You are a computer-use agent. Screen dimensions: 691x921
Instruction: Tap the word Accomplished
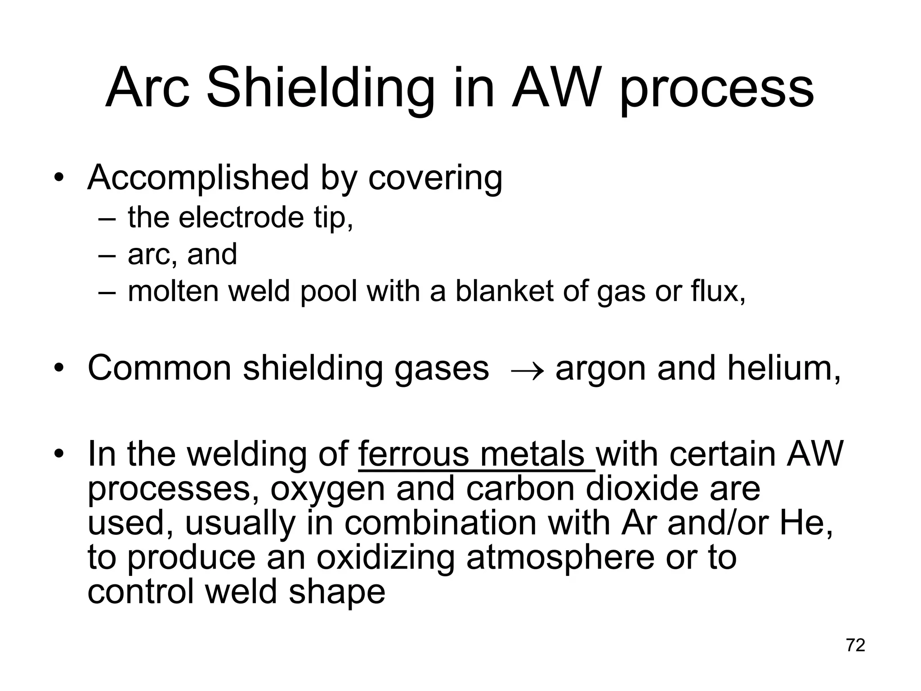click(198, 179)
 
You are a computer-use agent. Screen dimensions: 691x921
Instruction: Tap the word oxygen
click(327, 490)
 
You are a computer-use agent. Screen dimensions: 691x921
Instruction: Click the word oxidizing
click(385, 558)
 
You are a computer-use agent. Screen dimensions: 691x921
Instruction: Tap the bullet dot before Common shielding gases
click(58, 368)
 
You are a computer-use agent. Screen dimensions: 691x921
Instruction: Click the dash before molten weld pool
click(107, 292)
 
